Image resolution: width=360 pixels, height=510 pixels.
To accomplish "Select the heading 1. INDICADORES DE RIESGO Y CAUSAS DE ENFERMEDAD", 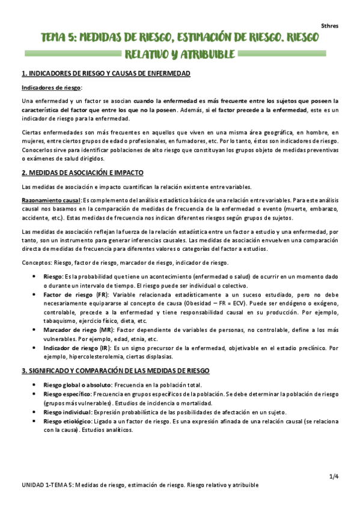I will click(x=106, y=73).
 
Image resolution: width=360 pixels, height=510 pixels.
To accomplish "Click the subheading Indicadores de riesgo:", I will click(x=46, y=87).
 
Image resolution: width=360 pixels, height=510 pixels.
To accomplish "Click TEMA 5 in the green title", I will click(x=58, y=37).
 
